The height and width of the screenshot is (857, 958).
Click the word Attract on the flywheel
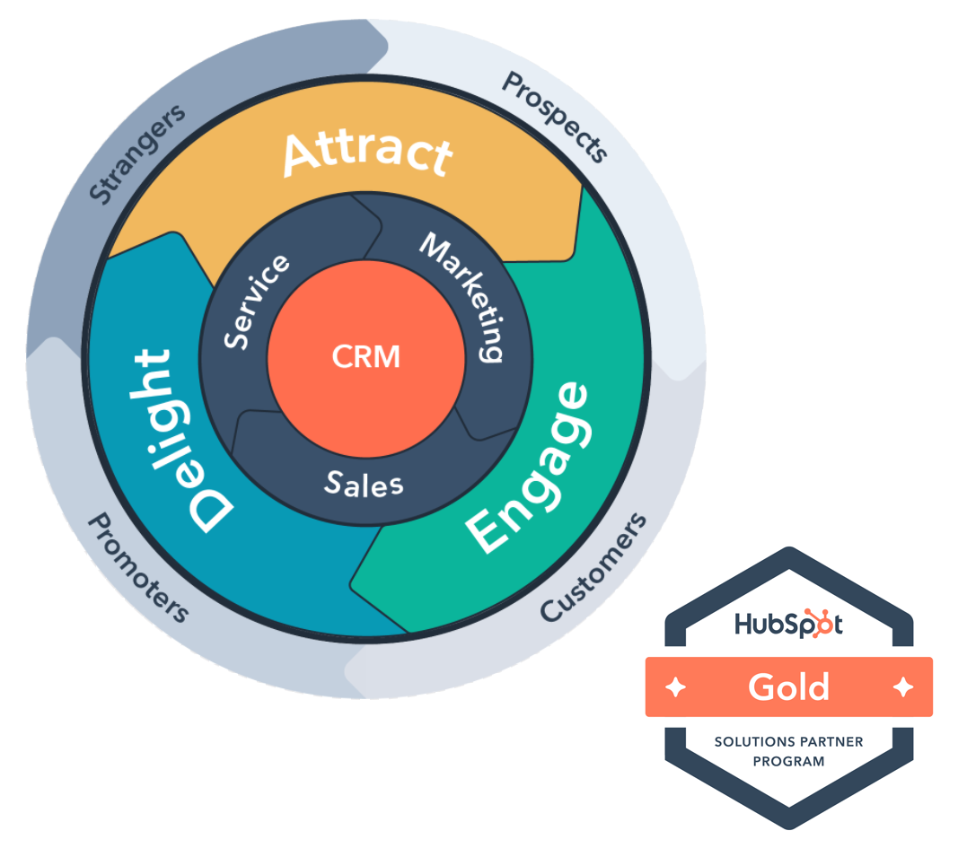tap(367, 153)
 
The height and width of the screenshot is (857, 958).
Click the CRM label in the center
tap(365, 357)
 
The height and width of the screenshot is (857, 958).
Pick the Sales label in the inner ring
tap(364, 484)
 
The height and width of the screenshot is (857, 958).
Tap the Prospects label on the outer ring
tap(555, 118)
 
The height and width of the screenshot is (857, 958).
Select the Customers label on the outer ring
tap(593, 568)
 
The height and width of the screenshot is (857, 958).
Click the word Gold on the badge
tap(789, 687)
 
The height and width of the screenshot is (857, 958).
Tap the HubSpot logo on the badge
tap(788, 624)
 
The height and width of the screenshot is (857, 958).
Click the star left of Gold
tap(675, 687)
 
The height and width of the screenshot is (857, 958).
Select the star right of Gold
tap(903, 687)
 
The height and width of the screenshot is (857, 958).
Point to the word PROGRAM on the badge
tap(788, 762)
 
